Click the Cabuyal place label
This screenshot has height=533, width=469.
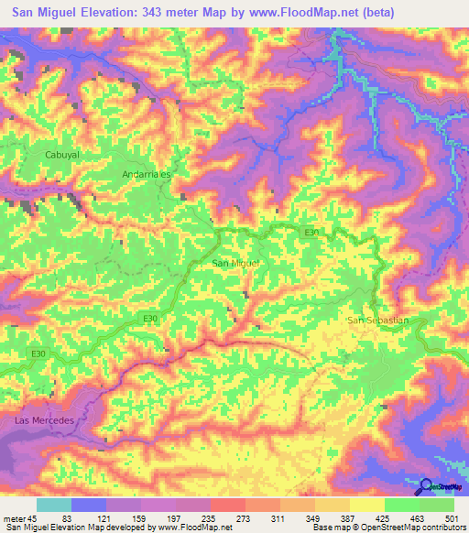coord(63,155)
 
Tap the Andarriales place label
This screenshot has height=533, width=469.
coord(146,172)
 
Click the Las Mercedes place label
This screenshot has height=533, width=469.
coord(42,419)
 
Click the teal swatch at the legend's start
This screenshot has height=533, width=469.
coord(53,506)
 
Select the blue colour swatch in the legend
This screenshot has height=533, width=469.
coord(89,506)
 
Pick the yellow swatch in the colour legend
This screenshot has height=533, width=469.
coord(366,506)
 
